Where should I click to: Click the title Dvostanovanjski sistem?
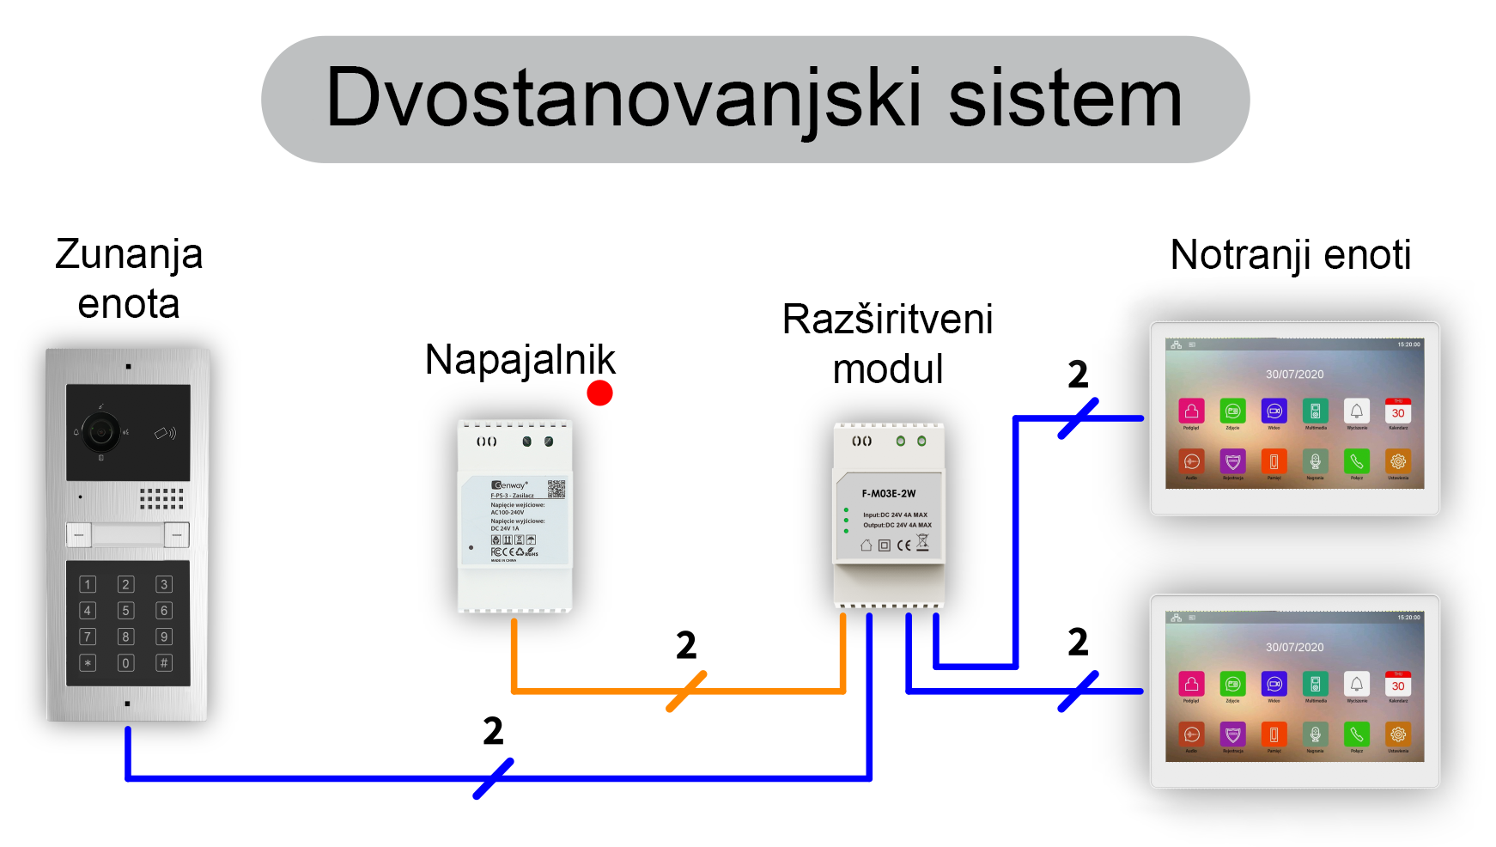754,99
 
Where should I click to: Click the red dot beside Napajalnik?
599,393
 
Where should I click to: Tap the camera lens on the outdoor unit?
101,431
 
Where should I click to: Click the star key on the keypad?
88,663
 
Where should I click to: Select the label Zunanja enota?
129,279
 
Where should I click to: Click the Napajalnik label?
520,360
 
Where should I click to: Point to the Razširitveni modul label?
887,344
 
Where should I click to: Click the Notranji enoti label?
1290,255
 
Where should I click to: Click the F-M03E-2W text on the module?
889,494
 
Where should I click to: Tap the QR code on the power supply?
556,489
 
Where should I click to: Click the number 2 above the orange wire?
685,646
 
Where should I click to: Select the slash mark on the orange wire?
686,692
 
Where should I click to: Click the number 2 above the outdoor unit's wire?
493,732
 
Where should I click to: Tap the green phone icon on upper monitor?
1357,461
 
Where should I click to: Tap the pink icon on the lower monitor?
1191,685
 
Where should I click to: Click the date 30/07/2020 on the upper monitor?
1294,375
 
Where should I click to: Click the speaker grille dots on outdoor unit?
161,498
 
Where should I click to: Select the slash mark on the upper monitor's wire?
1079,418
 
